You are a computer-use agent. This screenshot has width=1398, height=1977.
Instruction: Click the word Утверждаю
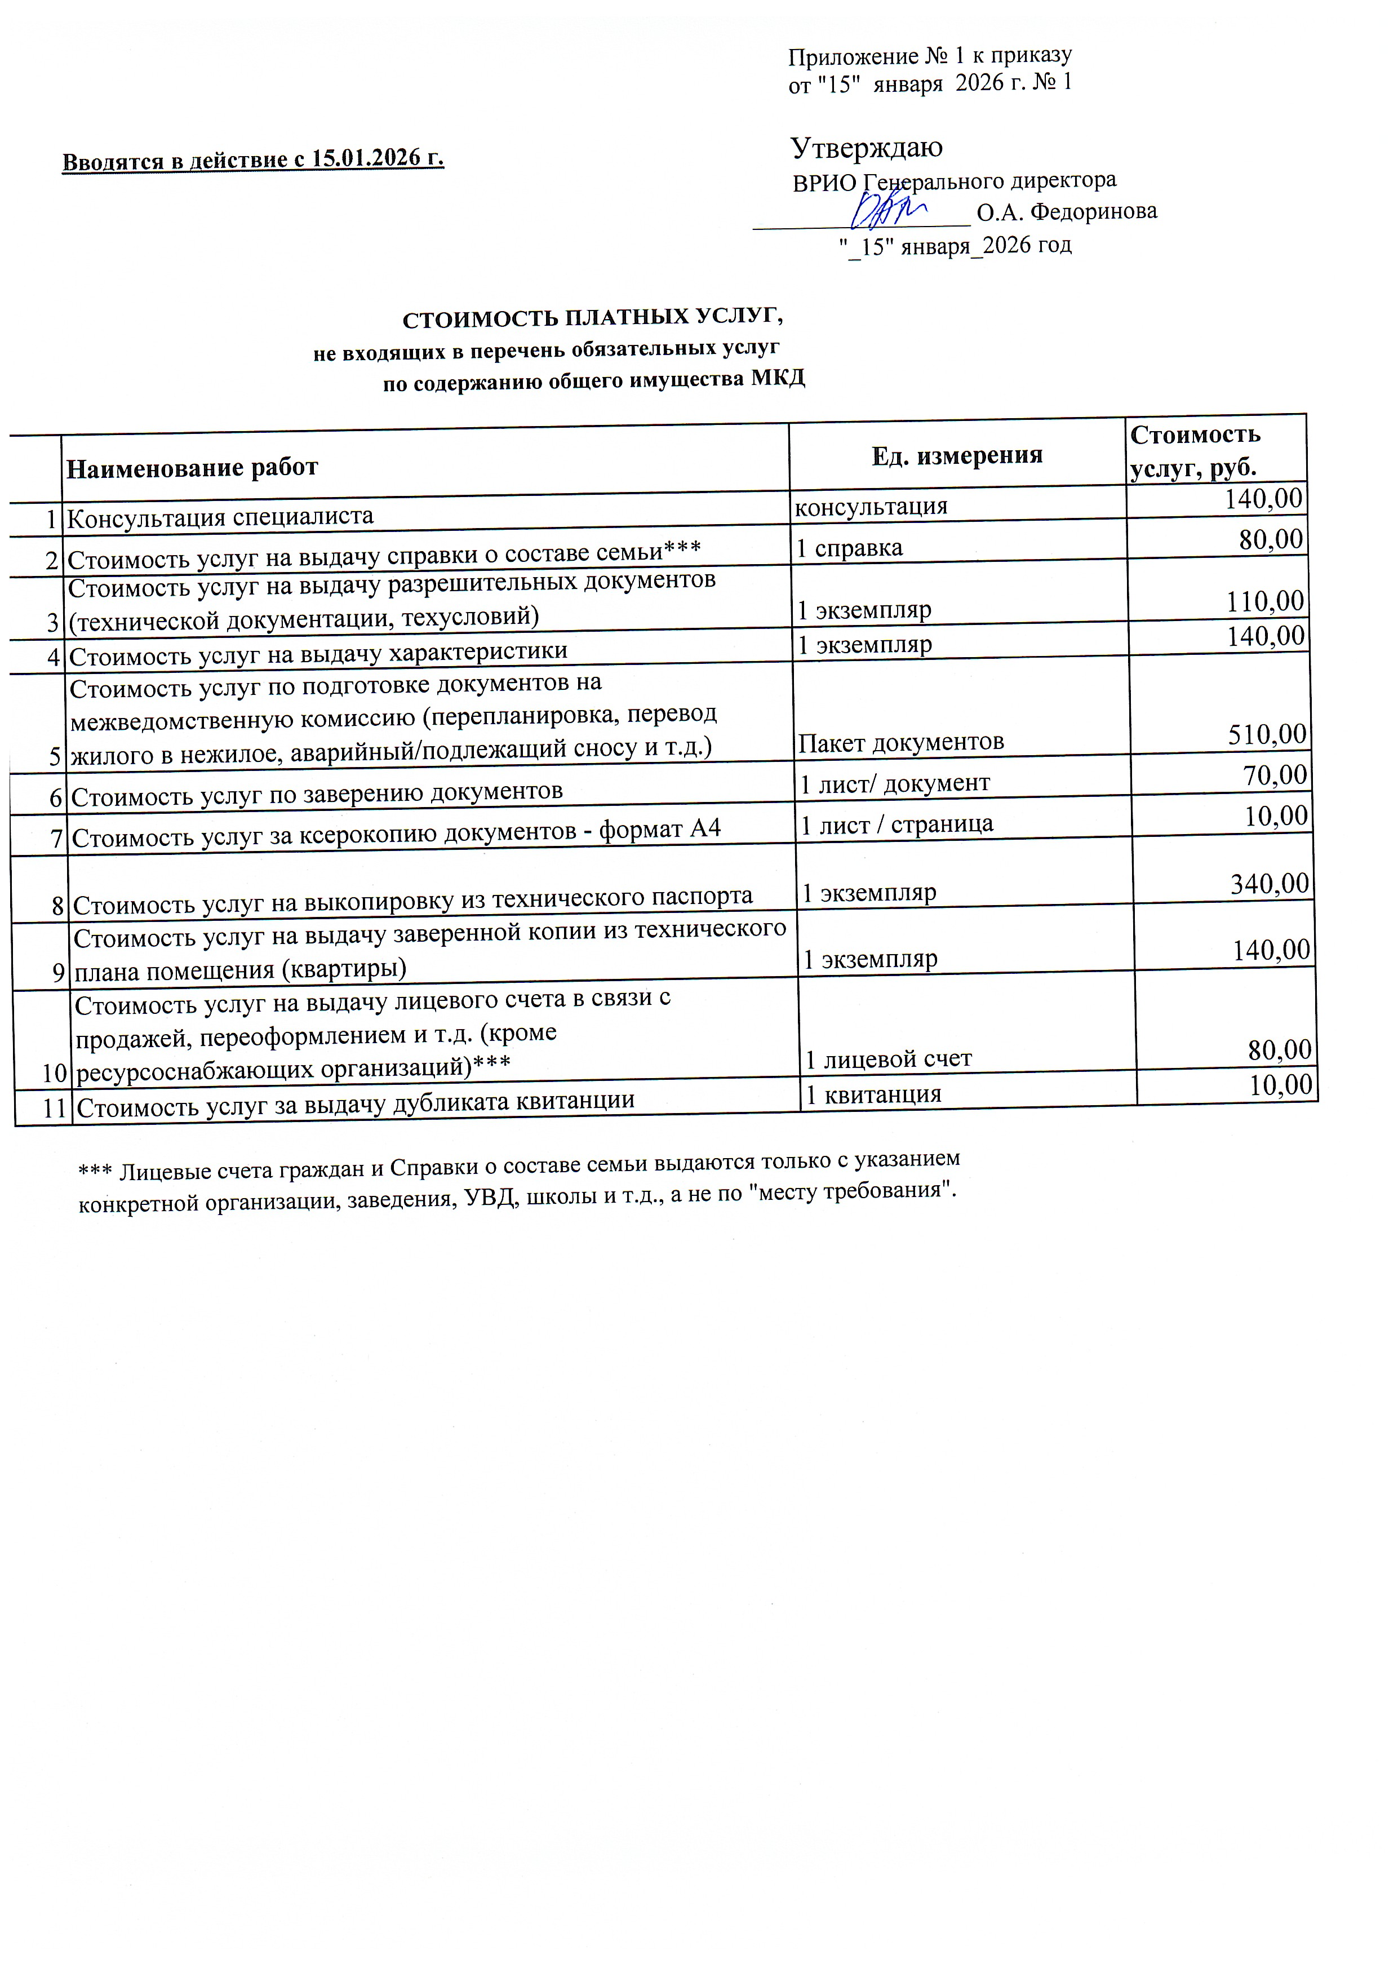[866, 148]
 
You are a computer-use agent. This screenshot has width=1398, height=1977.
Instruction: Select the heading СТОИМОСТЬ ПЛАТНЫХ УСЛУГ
[592, 318]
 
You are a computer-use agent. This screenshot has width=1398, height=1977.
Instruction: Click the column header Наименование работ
[192, 468]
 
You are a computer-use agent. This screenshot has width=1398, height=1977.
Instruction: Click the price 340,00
[1269, 884]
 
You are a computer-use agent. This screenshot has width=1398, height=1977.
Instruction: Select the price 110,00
[1264, 601]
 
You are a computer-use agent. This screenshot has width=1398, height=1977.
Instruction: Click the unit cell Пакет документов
[900, 742]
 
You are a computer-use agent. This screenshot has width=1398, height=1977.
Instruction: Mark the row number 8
[57, 906]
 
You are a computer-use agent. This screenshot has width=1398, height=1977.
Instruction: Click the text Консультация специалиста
[220, 517]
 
